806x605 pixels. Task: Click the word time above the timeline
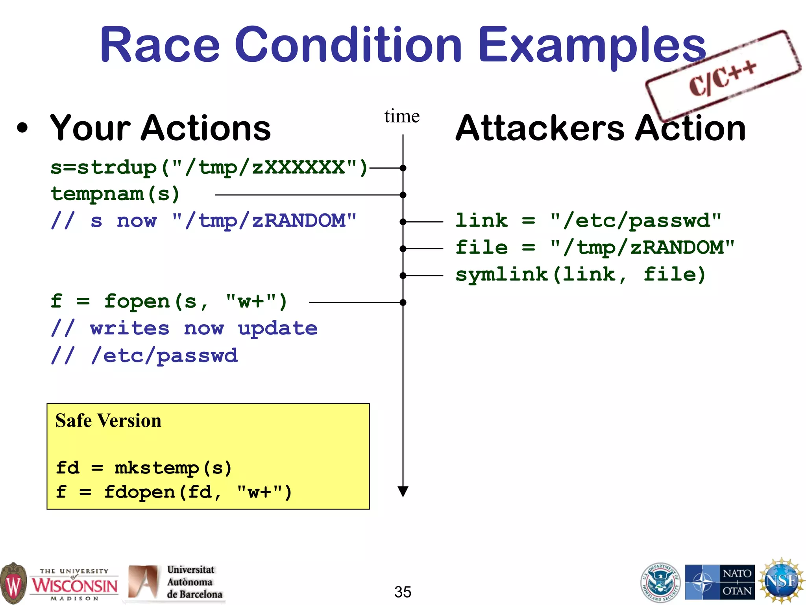pos(402,116)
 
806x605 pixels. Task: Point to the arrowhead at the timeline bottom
pos(403,492)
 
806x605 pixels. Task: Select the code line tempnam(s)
pos(115,194)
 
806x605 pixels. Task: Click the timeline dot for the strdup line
pos(403,168)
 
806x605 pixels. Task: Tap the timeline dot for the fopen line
pos(403,302)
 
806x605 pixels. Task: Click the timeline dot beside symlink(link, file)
pos(403,276)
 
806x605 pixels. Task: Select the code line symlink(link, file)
pos(580,275)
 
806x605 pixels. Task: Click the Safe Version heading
pos(108,420)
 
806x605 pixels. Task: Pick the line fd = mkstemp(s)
pos(144,468)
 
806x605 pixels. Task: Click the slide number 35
pos(403,592)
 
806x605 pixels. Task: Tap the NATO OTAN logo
pos(720,582)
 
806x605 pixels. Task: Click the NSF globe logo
pos(781,581)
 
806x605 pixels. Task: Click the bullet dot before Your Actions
pos(23,128)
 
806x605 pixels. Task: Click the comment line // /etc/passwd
pos(144,356)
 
